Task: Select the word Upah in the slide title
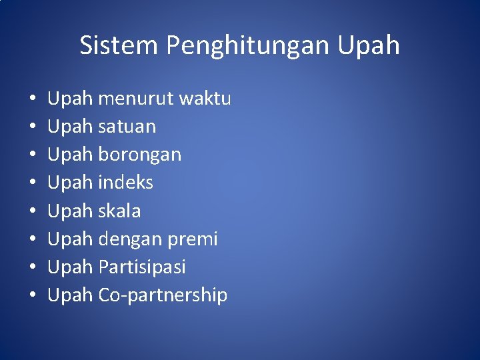369,46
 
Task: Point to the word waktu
204,99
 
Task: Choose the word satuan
127,127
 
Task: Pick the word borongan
139,155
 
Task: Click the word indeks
125,183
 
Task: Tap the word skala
119,211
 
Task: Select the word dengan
131,239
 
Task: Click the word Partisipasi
142,267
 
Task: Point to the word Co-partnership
163,295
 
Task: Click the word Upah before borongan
70,155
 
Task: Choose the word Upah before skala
70,211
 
